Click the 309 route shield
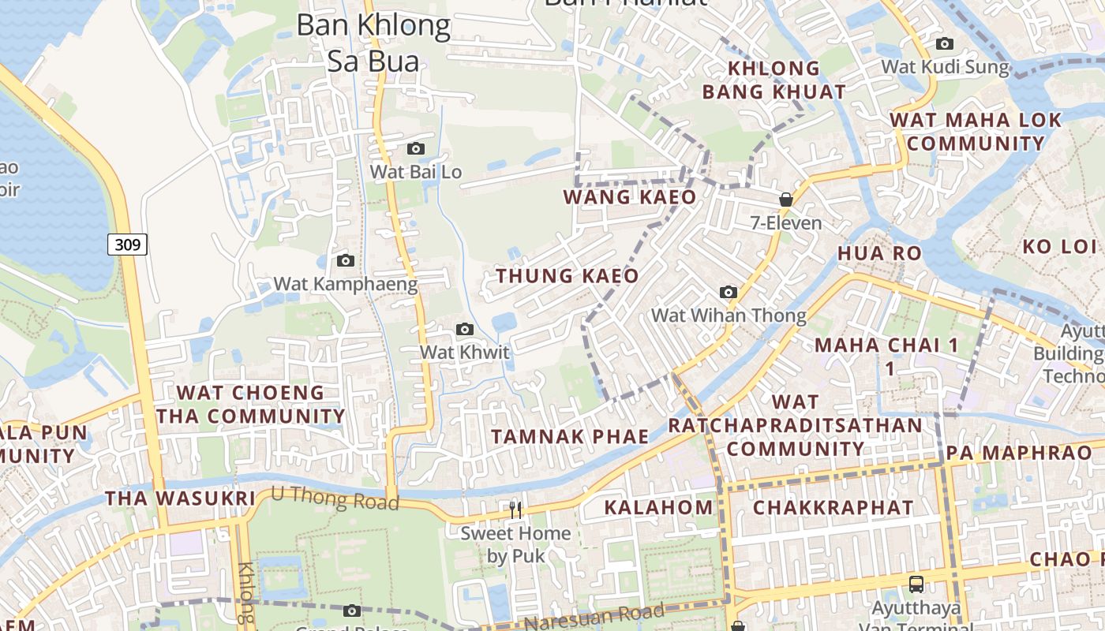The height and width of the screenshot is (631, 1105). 127,245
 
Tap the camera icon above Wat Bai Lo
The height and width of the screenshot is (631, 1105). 415,148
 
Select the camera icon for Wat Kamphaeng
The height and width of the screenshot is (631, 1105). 345,260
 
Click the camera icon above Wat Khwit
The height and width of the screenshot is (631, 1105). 465,329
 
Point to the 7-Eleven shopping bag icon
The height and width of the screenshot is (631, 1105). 785,200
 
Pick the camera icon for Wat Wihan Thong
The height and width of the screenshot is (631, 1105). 729,293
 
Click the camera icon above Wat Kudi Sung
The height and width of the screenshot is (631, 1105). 944,44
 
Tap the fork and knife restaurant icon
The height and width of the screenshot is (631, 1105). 515,510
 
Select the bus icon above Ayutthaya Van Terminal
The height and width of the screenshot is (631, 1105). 916,584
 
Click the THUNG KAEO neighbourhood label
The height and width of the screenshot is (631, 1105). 567,276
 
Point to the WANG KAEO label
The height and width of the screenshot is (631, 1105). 630,197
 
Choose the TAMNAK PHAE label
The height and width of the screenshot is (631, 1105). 570,436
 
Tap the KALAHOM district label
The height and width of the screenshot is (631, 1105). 658,507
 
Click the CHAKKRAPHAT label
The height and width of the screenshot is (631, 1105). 833,507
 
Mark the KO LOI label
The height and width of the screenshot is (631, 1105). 1059,246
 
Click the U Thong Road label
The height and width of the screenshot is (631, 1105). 335,498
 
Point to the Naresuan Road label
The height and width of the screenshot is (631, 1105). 594,618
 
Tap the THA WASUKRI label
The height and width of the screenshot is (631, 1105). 180,498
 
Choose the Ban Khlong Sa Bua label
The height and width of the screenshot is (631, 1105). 373,43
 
